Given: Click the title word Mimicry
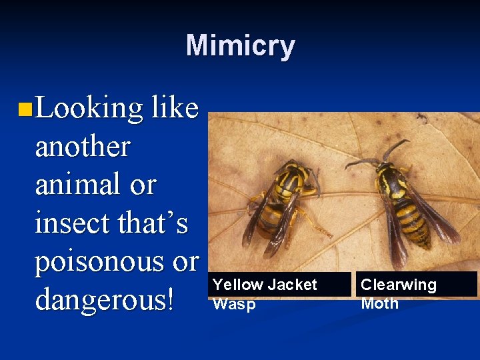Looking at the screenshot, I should tap(240, 46).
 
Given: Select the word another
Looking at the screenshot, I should tap(82, 147).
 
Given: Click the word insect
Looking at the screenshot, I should tap(72, 223).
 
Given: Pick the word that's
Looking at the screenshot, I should tap(153, 223).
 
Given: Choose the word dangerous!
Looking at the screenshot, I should tap(106, 300).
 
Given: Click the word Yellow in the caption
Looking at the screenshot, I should tap(237, 285).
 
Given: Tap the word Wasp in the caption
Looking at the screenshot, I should tap(233, 303).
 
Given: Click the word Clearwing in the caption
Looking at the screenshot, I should tap(398, 285).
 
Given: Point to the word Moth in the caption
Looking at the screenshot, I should tap(379, 303).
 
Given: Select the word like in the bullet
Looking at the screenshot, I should tap(175, 108).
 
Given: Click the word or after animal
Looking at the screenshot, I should tap(143, 185).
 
